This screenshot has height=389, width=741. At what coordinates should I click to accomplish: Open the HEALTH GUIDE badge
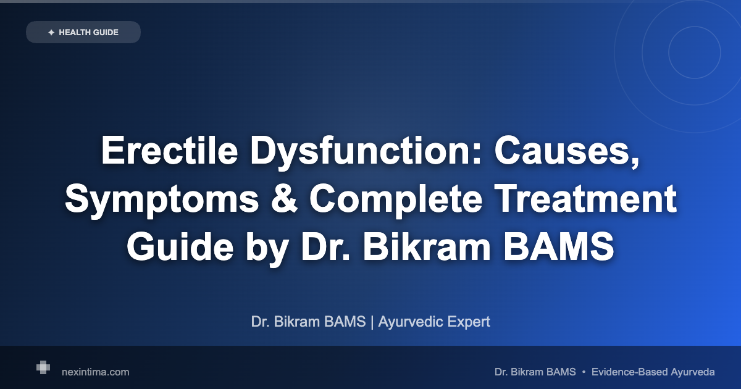(83, 32)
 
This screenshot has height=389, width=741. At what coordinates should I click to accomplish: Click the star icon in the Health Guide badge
(51, 32)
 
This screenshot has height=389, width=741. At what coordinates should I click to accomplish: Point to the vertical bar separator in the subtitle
(372, 322)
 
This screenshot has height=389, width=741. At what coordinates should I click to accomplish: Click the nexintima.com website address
(96, 372)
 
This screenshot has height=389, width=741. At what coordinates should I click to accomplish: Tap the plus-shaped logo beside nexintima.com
(43, 367)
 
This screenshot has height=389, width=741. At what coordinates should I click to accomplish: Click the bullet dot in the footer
(584, 372)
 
